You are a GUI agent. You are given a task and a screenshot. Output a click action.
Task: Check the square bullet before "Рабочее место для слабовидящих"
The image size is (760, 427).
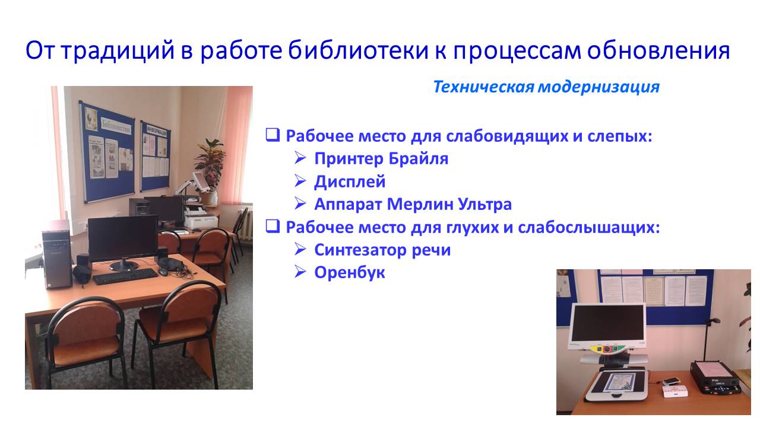tap(273, 135)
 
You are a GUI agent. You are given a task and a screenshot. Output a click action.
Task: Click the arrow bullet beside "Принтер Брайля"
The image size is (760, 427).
tap(300, 158)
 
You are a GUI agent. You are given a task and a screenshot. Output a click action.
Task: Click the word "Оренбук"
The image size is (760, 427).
tap(350, 273)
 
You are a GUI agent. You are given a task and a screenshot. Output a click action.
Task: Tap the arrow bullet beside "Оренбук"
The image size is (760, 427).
tap(300, 272)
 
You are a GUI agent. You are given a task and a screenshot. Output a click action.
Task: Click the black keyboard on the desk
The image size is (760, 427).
tap(125, 276)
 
